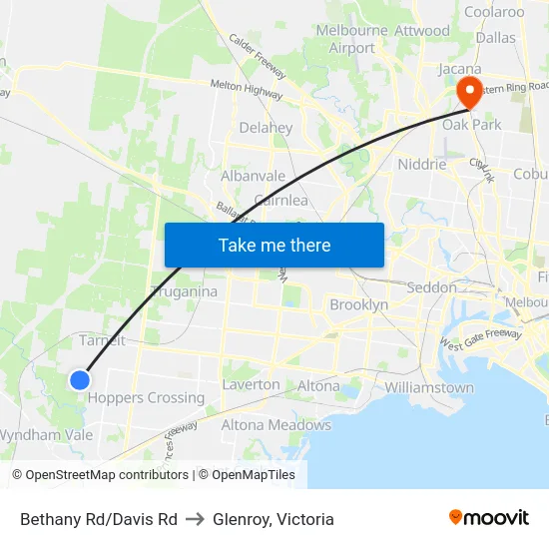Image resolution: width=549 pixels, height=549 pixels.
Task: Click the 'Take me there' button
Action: [274, 245]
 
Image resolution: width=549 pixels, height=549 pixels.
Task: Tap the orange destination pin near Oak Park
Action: [468, 92]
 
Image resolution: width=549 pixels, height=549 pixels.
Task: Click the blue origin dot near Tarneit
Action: [80, 379]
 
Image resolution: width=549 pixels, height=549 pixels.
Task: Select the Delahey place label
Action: [266, 128]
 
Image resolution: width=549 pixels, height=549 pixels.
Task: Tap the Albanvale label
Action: [253, 176]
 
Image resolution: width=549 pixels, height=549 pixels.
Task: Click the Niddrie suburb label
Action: [421, 164]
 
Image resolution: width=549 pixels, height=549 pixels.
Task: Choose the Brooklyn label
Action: [358, 304]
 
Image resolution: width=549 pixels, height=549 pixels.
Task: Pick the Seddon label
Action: [432, 287]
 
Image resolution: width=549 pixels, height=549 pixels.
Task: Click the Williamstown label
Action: [428, 387]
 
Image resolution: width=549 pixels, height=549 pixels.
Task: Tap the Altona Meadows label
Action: [275, 425]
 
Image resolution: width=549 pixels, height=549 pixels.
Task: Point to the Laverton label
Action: [251, 384]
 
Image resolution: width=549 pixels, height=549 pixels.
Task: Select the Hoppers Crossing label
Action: [146, 397]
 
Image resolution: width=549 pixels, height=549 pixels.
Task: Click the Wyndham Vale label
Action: [46, 435]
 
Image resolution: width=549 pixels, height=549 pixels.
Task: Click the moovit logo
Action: [488, 518]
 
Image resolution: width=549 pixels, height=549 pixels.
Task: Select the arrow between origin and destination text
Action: [195, 519]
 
